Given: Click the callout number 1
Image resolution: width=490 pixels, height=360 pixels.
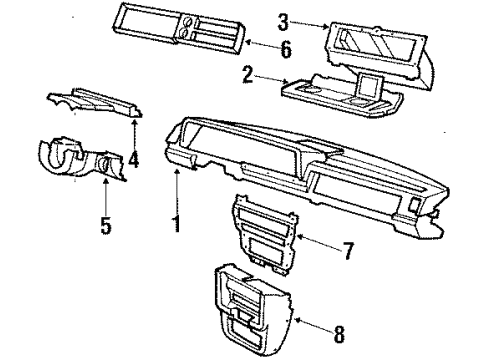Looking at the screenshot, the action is coord(175,224).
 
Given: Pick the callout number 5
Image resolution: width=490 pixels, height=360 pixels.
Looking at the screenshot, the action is coord(105,224).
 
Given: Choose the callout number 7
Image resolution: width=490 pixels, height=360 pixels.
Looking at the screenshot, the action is coord(347,252).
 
